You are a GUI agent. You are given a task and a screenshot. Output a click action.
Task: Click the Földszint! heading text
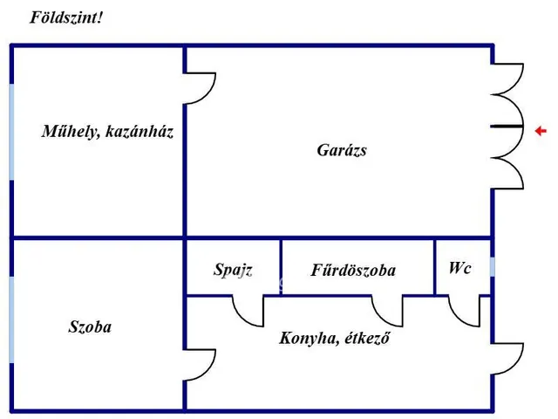pos(66,17)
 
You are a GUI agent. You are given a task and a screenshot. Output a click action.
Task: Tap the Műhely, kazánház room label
pos(107,132)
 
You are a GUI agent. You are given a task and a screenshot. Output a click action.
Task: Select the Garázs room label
pos(342,150)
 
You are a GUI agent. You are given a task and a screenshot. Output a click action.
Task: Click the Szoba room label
pos(90,327)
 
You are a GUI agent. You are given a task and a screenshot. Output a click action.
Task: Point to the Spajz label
pos(233,270)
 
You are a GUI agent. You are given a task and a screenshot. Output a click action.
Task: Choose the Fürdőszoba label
pos(353,271)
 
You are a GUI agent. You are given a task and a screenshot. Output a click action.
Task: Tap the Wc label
pos(459,268)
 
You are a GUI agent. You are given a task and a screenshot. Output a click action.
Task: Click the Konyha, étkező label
pos(335,337)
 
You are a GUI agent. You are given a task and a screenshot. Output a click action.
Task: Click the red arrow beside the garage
pos(541,131)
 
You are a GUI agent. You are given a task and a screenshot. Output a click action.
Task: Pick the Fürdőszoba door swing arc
pos(387,311)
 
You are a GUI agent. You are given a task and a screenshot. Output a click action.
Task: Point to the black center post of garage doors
pos(507,127)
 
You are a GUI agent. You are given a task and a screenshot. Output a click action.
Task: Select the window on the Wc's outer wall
pos(492,267)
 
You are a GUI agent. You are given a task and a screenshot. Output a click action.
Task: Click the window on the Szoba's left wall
pos(11,319)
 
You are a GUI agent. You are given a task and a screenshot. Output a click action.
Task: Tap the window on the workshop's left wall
pos(11,131)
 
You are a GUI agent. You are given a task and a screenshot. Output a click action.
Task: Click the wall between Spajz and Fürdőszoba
pos(280,266)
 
